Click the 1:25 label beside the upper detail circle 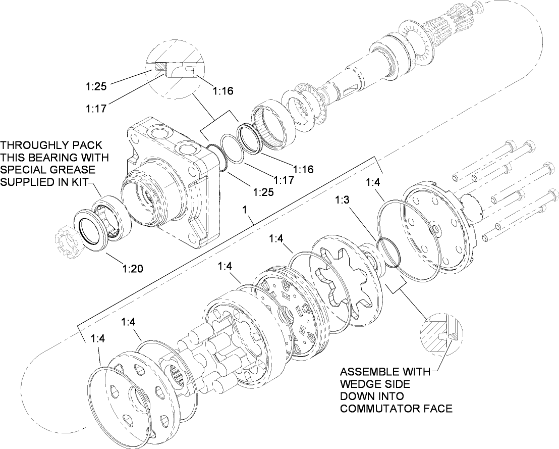click(x=96, y=86)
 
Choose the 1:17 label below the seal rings click(x=284, y=180)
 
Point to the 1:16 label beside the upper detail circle click(x=222, y=91)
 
